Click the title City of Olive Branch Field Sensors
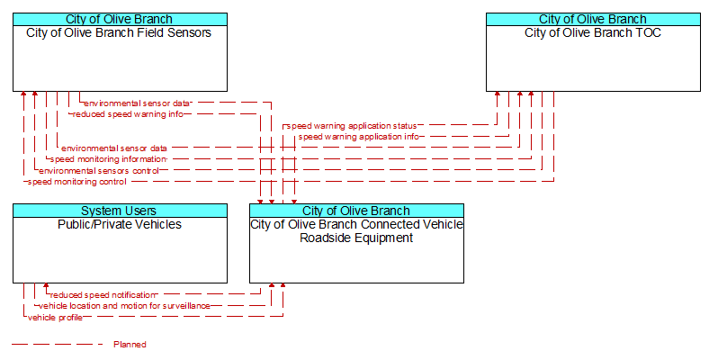[119, 33]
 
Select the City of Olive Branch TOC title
[593, 33]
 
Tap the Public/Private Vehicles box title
[120, 224]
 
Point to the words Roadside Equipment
[356, 238]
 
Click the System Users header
[119, 211]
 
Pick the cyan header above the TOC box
[593, 20]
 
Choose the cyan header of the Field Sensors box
[120, 20]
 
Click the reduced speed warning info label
[128, 114]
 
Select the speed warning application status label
[352, 126]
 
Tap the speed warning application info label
[359, 137]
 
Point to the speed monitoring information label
[109, 159]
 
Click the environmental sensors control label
[99, 170]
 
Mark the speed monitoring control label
[76, 182]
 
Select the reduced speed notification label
[103, 295]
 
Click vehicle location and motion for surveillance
[124, 306]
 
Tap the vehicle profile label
[55, 318]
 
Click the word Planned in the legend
[130, 345]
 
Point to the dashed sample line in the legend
[58, 345]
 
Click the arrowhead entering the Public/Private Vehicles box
[46, 286]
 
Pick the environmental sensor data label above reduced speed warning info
[137, 103]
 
